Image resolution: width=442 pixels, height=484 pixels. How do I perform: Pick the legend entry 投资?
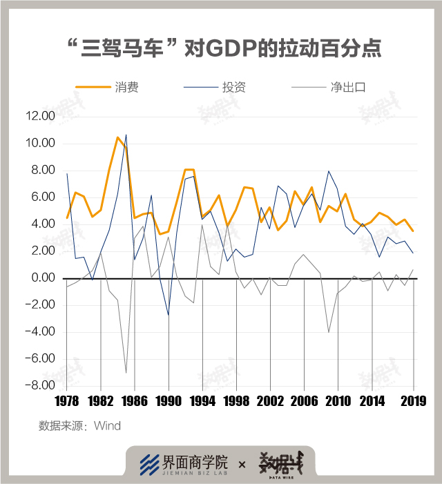click(234, 88)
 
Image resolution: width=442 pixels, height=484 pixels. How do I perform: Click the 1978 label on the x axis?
click(66, 401)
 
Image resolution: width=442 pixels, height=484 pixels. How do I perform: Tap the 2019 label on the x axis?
click(414, 401)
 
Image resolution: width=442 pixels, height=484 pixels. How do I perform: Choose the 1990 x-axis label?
click(169, 401)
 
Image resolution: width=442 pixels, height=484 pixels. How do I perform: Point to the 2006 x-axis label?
click(304, 401)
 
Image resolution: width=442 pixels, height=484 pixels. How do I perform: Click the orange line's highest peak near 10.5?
click(118, 137)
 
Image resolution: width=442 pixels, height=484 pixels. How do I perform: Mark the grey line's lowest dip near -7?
click(126, 373)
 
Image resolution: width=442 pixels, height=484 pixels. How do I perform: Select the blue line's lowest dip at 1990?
click(169, 315)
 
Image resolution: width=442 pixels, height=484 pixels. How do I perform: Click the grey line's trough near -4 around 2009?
click(329, 332)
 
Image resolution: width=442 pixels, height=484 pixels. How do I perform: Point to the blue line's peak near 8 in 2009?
click(329, 171)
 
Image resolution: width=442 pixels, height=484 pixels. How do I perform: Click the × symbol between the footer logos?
click(242, 465)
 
